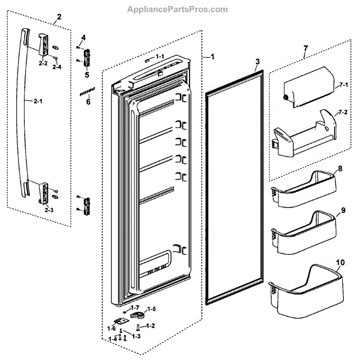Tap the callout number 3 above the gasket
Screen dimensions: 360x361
point(257,62)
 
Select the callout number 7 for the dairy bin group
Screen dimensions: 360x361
point(305,46)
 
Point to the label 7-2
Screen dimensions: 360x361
point(344,113)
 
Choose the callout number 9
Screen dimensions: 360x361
point(342,211)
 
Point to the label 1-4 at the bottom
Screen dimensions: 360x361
point(113,340)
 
